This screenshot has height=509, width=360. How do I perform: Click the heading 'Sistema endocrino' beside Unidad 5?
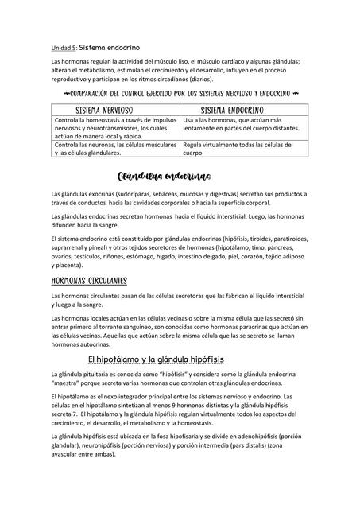pyautogui.click(x=106, y=47)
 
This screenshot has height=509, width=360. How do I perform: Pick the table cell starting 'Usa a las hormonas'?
pyautogui.click(x=241, y=124)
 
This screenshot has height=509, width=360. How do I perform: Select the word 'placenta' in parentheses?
pyautogui.click(x=71, y=265)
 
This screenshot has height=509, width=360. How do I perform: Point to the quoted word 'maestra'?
pyautogui.click(x=69, y=383)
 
